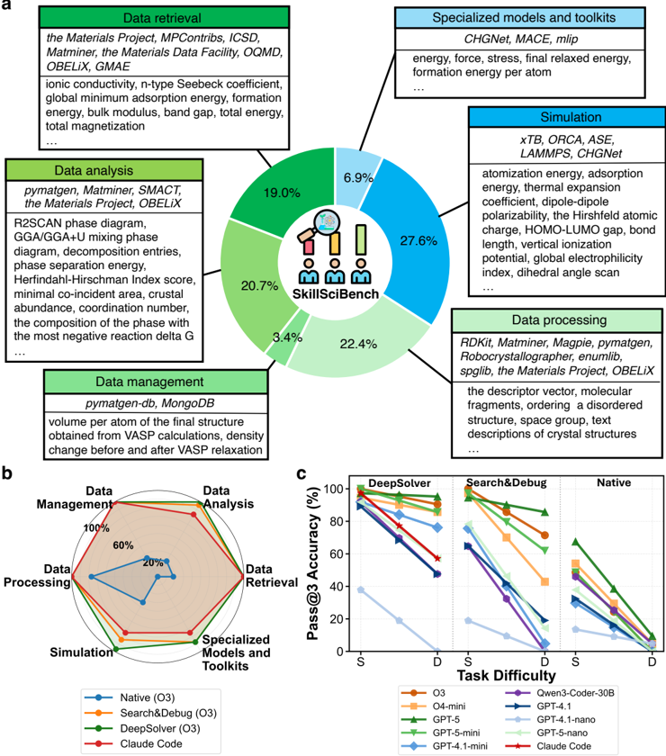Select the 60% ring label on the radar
pos(123,544)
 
